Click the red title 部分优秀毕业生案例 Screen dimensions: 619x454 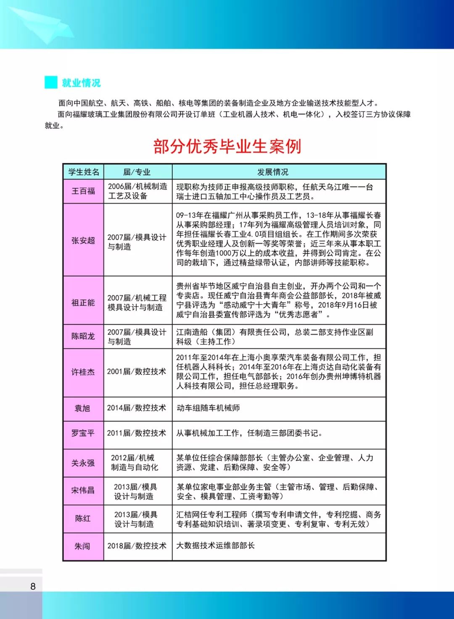tap(227, 146)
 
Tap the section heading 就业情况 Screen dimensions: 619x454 tap(81, 83)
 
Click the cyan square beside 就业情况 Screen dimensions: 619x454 tap(51, 82)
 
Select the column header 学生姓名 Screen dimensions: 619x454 tap(84, 172)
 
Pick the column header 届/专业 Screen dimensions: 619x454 tap(137, 172)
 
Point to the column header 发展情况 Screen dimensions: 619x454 tap(272, 172)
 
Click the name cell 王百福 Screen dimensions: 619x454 tap(83, 191)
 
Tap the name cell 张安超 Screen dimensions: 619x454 tap(83, 240)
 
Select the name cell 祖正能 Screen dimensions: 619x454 tap(83, 303)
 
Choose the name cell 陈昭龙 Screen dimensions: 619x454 tap(83, 336)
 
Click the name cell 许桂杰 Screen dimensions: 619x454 tap(83, 372)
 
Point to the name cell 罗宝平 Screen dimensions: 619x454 tap(83, 433)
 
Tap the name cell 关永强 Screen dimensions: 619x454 tap(83, 463)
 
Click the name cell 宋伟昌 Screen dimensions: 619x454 tap(83, 490)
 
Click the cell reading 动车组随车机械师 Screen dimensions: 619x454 tap(208, 408)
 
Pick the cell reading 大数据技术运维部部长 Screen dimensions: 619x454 tap(215, 546)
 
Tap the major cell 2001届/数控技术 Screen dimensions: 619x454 tap(137, 372)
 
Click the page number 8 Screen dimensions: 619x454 tap(33, 586)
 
